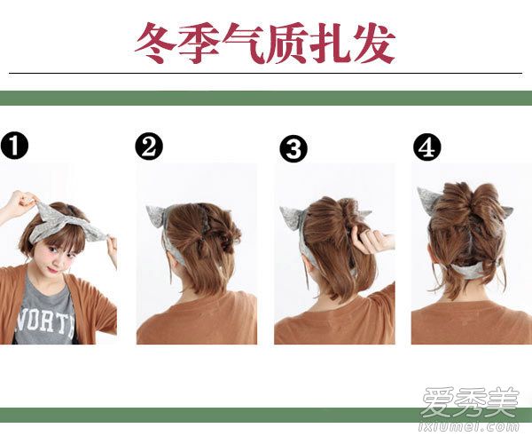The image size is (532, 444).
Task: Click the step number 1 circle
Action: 14,146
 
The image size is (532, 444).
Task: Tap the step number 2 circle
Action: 149,147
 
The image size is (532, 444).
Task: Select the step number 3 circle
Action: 293,148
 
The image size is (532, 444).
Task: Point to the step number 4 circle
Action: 427,147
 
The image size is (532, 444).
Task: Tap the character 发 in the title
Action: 374,43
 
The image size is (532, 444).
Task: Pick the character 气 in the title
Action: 243,43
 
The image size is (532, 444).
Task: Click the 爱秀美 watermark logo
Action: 471,402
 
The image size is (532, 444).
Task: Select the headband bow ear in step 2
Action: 154,217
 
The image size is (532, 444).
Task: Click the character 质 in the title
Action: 287,43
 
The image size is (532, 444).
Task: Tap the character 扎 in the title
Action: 331,43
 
